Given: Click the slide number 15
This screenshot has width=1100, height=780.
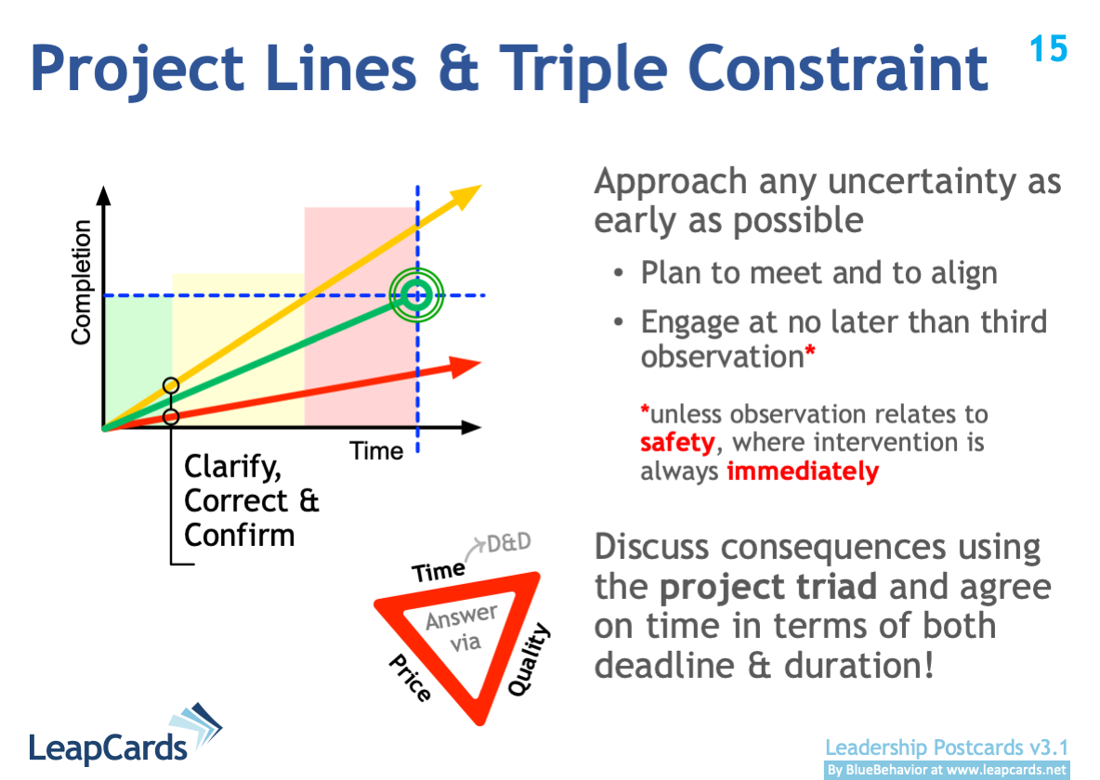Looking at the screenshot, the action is pyautogui.click(x=1049, y=48).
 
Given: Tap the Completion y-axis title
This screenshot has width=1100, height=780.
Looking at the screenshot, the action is pyautogui.click(x=82, y=282).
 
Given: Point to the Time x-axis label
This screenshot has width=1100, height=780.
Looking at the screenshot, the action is pyautogui.click(x=376, y=451).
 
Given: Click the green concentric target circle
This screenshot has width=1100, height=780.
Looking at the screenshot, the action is pyautogui.click(x=416, y=295).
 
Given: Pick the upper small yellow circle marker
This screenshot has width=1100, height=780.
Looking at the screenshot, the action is pyautogui.click(x=170, y=385).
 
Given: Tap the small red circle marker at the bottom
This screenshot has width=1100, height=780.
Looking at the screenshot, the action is pyautogui.click(x=170, y=417).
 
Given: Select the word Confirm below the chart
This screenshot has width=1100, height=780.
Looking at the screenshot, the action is pyautogui.click(x=239, y=536).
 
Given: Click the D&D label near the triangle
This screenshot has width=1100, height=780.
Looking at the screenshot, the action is pyautogui.click(x=509, y=542).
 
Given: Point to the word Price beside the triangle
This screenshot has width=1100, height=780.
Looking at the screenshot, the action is pyautogui.click(x=410, y=677).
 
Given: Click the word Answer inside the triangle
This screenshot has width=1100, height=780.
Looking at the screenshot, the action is pyautogui.click(x=461, y=617).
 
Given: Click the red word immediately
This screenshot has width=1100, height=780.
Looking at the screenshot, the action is pyautogui.click(x=802, y=472).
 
